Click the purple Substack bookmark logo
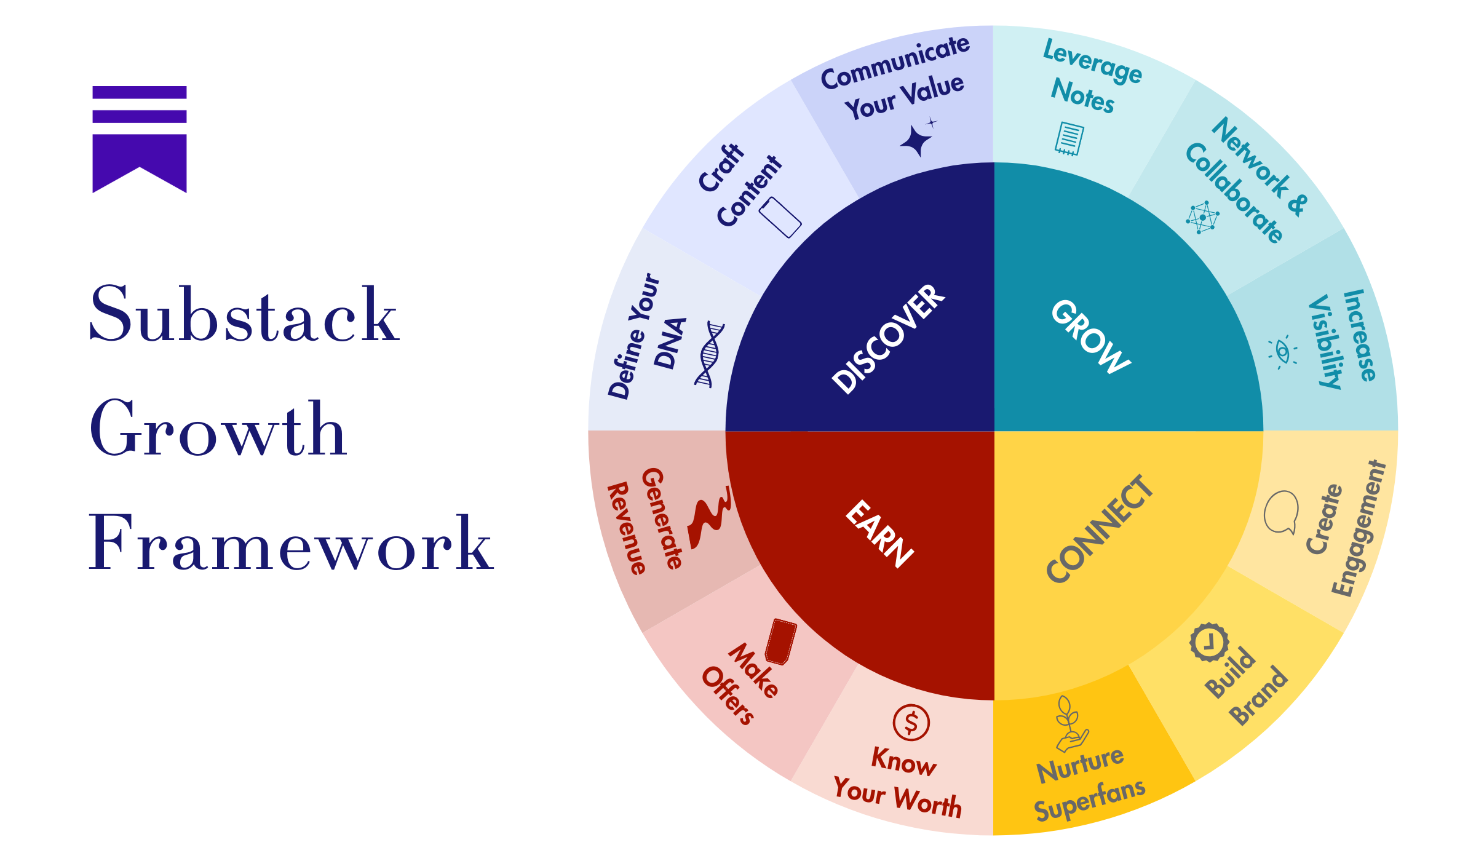140,139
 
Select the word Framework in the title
290,544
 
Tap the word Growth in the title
218,429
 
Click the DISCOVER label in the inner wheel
888,339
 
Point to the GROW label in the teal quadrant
1091,336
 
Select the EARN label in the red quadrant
879,533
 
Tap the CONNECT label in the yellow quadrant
1100,529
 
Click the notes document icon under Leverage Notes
1069,138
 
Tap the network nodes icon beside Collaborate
1202,217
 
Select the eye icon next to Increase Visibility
1282,352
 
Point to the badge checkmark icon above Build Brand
1209,643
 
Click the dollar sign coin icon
911,723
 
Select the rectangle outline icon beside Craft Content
780,218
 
